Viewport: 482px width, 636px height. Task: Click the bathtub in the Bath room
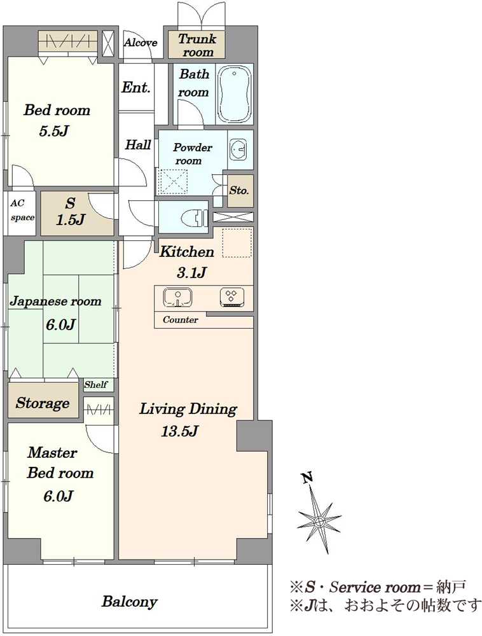(235, 93)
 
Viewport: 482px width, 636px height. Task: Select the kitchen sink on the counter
(177, 297)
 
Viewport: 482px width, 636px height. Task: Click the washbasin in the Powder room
(238, 149)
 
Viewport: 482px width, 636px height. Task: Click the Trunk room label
(197, 45)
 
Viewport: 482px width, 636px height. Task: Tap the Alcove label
(141, 43)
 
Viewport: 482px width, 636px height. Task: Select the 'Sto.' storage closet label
(239, 190)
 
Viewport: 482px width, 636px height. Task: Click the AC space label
(22, 210)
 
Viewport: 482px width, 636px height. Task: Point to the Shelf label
(95, 385)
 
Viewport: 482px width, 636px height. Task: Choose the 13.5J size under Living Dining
(179, 431)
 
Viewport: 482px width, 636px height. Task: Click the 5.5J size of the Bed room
(53, 132)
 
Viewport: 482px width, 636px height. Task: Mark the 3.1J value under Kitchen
(191, 273)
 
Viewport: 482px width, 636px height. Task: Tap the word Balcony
(129, 601)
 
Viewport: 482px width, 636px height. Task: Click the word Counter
(181, 320)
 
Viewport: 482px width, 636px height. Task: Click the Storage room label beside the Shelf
(43, 403)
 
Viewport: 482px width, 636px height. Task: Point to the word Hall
(138, 144)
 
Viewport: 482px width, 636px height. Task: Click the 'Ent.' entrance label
(136, 86)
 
